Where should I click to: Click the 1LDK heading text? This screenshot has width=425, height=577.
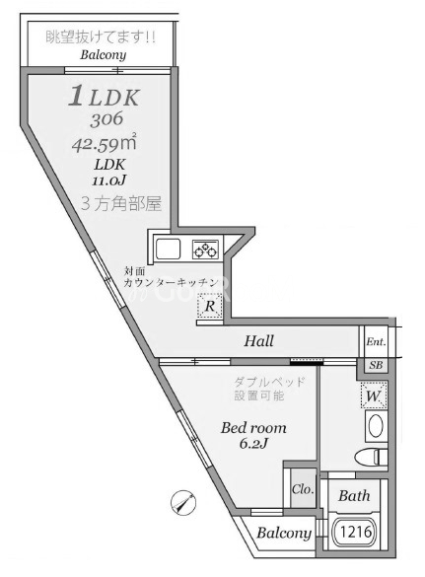tap(105, 97)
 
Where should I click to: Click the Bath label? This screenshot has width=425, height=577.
tap(355, 496)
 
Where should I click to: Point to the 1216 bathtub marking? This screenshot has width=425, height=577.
tap(357, 532)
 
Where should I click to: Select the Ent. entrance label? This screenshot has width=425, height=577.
tap(376, 342)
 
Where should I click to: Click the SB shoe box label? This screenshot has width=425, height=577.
tap(376, 365)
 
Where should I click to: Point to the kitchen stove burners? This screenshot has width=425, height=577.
tap(205, 248)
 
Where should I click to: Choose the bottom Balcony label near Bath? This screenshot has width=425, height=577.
tap(284, 534)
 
